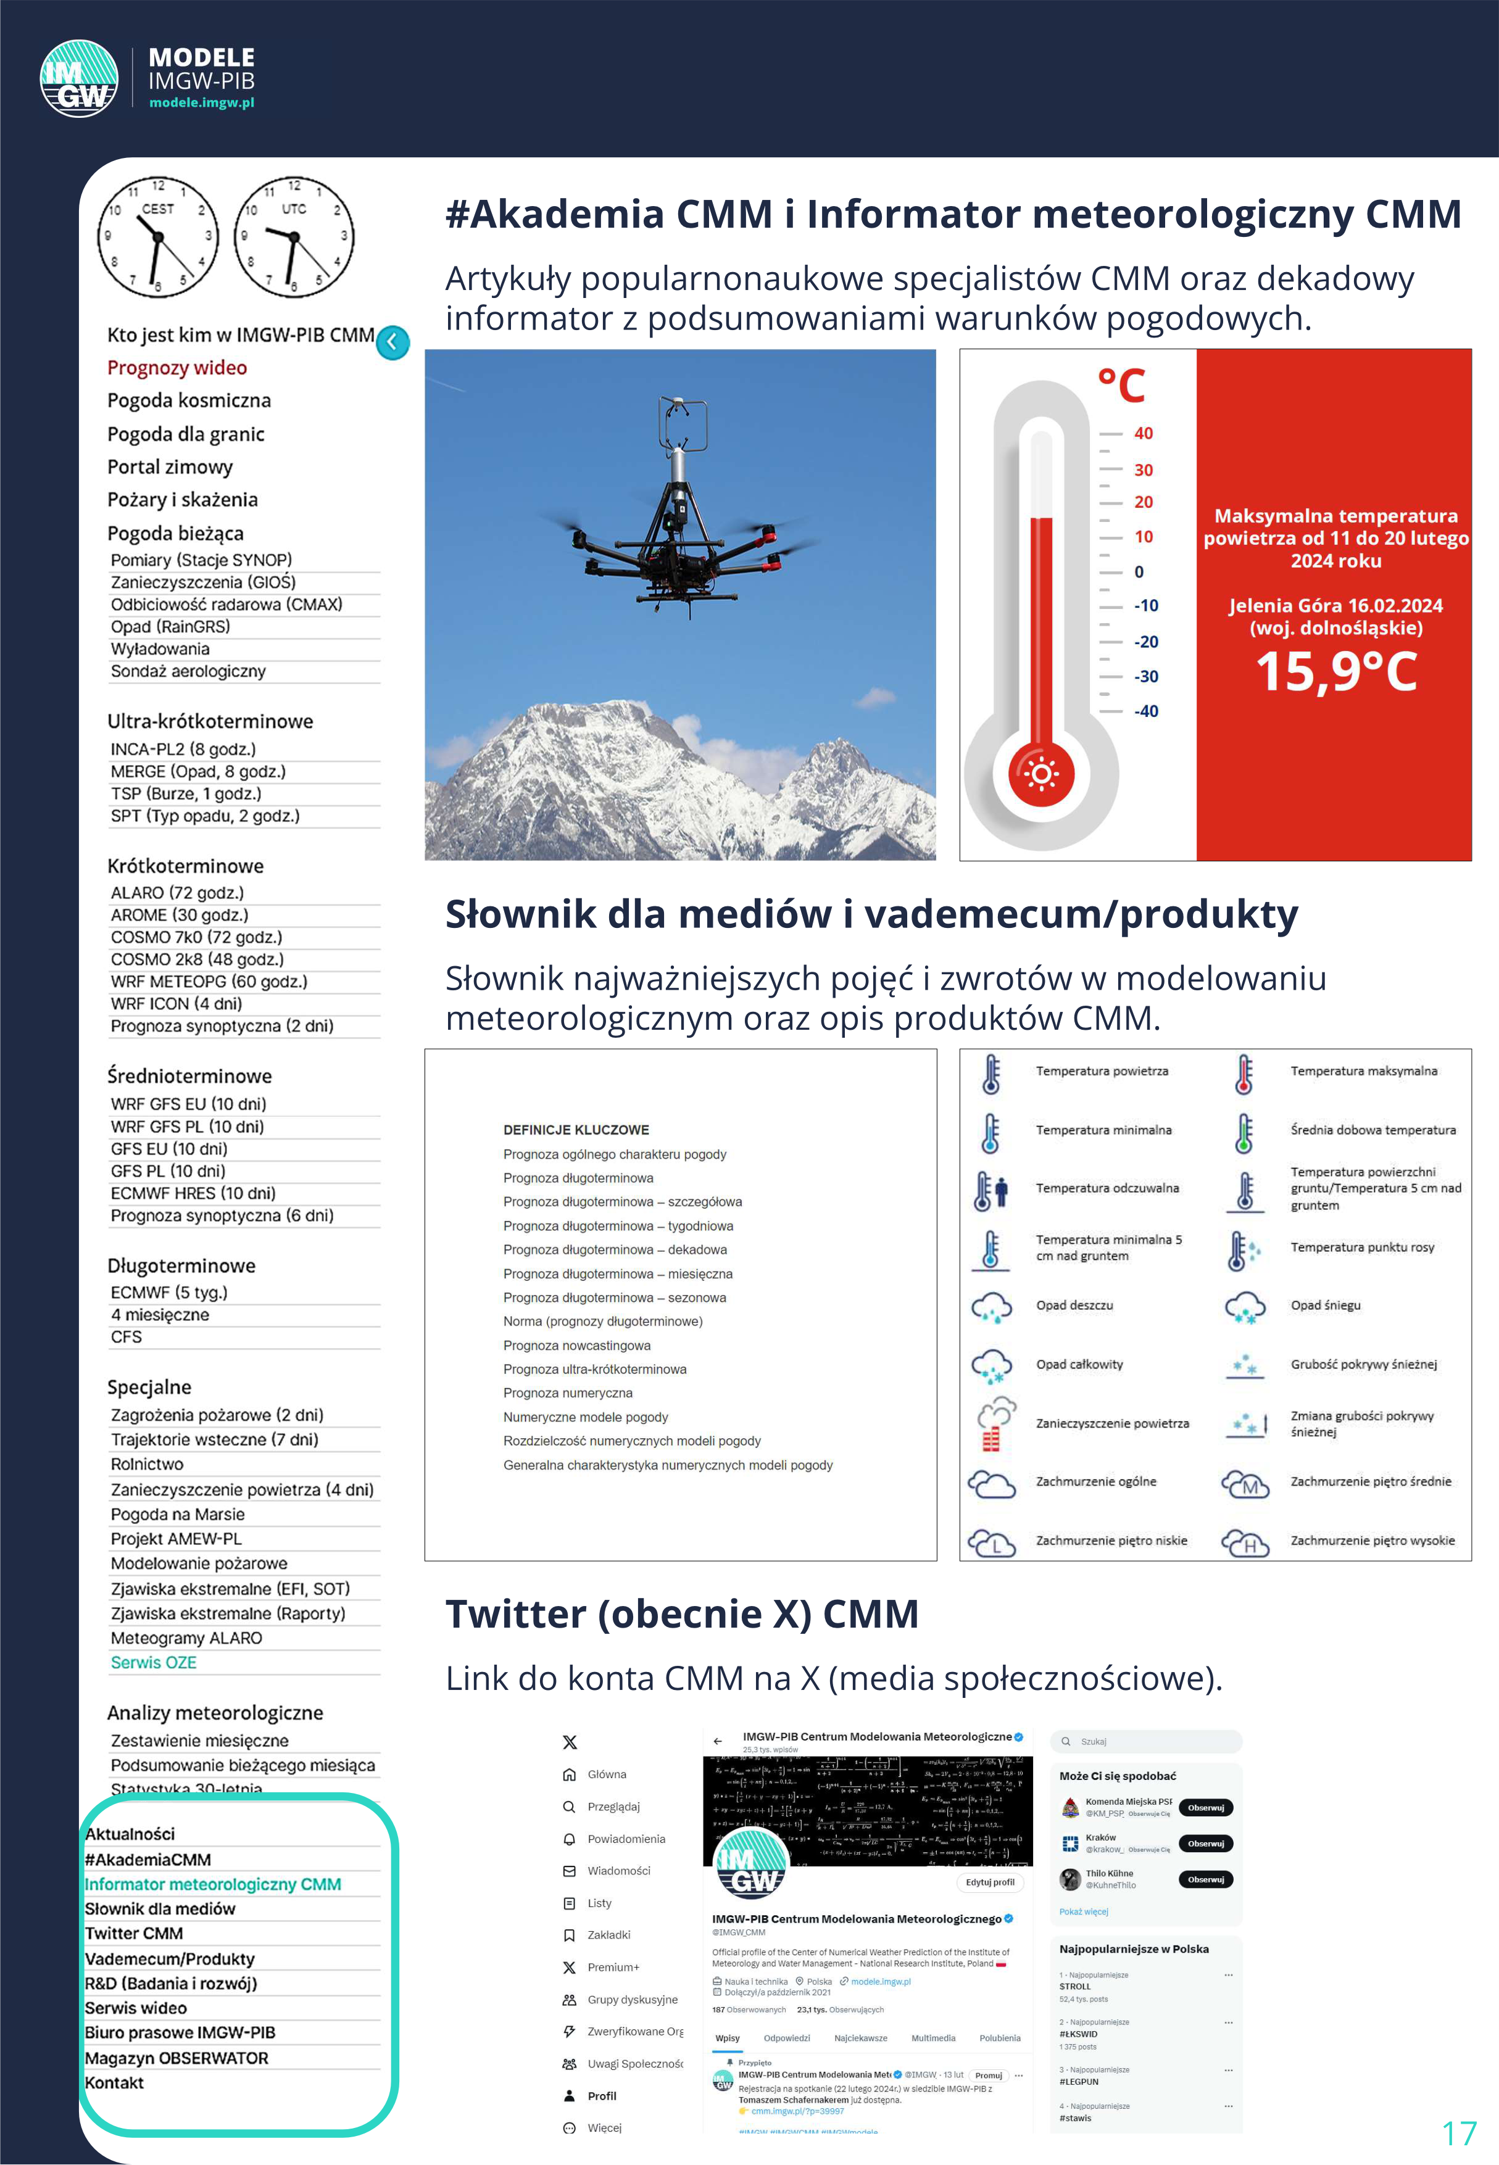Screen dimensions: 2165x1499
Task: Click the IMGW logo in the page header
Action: point(79,79)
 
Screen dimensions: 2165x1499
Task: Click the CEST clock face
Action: point(158,236)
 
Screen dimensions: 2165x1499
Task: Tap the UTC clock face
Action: point(294,236)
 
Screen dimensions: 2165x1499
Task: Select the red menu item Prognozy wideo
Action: point(176,368)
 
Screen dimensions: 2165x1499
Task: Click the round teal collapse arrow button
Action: point(392,342)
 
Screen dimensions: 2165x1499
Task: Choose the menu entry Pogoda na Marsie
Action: point(178,1514)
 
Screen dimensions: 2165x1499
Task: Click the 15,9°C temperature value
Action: point(1335,673)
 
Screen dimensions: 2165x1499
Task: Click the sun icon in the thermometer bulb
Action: point(1040,774)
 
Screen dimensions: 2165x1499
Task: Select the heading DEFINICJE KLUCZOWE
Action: point(576,1130)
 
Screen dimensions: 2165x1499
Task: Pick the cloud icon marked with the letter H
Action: point(1245,1542)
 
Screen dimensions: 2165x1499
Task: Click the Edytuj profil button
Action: point(990,1881)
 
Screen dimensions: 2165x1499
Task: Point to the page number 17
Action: point(1459,2133)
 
